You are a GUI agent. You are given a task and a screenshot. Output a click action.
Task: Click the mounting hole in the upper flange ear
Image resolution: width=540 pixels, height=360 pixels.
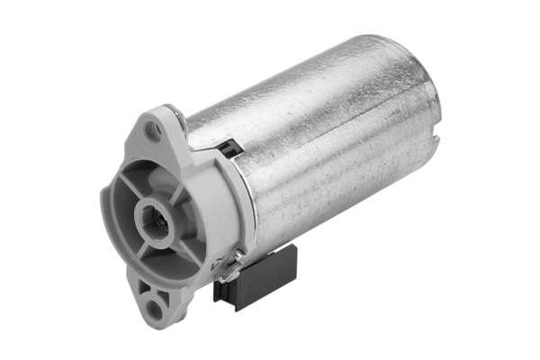click(x=153, y=130)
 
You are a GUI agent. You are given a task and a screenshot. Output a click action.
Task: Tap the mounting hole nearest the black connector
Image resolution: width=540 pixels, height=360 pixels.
click(x=157, y=310)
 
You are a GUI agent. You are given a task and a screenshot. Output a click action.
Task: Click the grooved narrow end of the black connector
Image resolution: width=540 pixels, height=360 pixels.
click(x=224, y=291)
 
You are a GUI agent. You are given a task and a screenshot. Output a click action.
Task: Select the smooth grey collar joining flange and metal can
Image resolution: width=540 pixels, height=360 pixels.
click(x=216, y=198)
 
